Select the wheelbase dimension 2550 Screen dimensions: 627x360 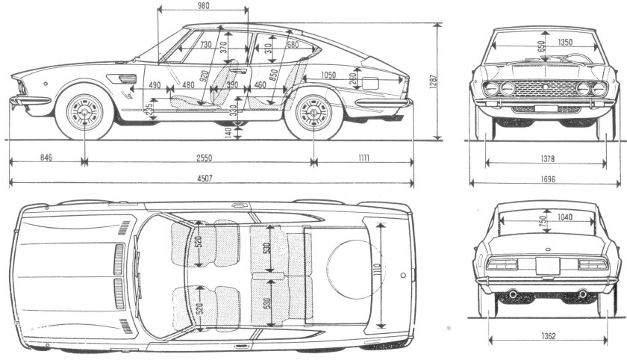[x=199, y=158]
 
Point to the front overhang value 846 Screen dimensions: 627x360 [x=46, y=158]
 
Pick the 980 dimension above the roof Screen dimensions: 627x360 [x=199, y=6]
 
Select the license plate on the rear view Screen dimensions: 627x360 [x=547, y=265]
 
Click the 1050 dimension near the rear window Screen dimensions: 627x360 [x=328, y=75]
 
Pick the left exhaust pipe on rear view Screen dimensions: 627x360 [x=513, y=295]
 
